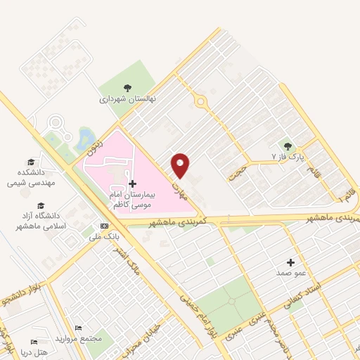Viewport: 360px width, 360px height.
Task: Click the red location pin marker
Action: (181, 166)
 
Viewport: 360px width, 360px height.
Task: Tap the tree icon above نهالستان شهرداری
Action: (127, 88)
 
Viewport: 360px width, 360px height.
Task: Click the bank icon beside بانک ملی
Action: (105, 226)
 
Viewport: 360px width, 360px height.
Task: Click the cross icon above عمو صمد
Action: (290, 262)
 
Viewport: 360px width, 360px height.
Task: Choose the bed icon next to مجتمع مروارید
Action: (78, 328)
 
